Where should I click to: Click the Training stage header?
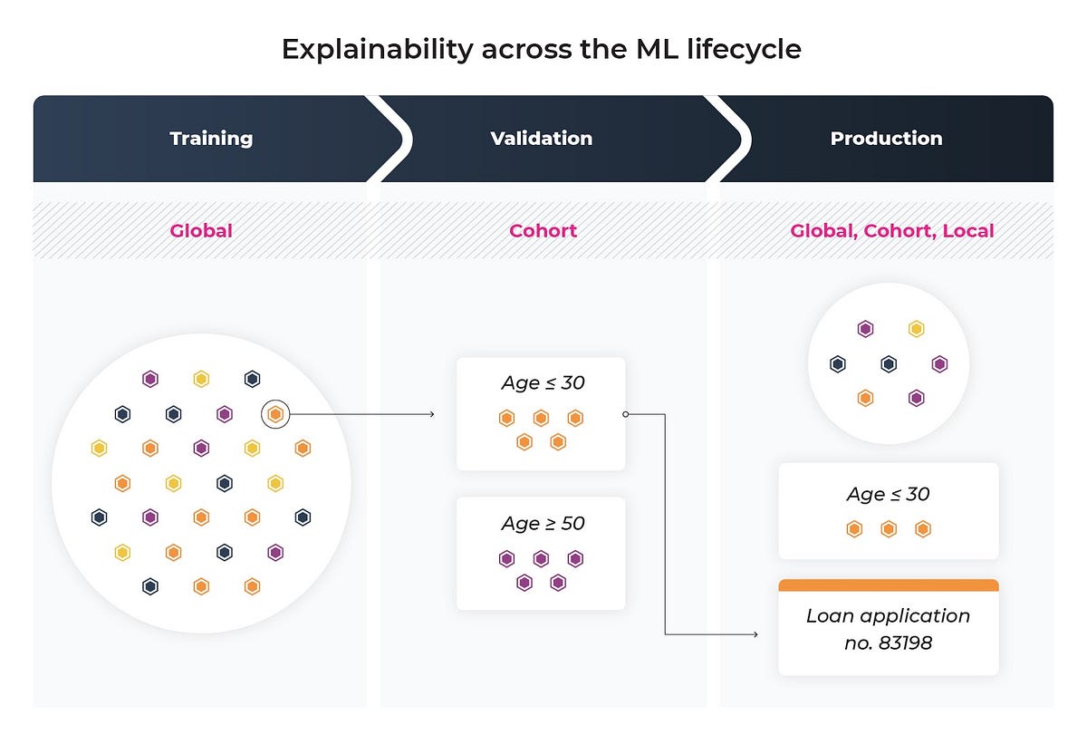(x=211, y=139)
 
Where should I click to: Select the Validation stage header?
(x=541, y=139)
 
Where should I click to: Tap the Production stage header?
(x=886, y=139)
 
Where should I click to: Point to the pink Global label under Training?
(x=201, y=230)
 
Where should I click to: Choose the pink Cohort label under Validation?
(x=543, y=230)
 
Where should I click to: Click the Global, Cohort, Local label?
(x=891, y=230)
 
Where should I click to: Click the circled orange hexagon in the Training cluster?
(x=276, y=414)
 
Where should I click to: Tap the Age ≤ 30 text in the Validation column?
(x=543, y=382)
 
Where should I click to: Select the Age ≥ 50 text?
(x=543, y=523)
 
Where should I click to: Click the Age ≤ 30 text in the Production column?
(x=888, y=494)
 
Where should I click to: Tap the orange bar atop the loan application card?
(x=888, y=585)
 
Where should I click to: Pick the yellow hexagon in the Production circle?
(x=916, y=329)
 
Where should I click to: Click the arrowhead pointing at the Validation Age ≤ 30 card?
(x=431, y=414)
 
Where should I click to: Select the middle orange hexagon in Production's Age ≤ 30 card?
(x=888, y=529)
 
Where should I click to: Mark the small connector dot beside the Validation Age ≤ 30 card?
(x=625, y=414)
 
